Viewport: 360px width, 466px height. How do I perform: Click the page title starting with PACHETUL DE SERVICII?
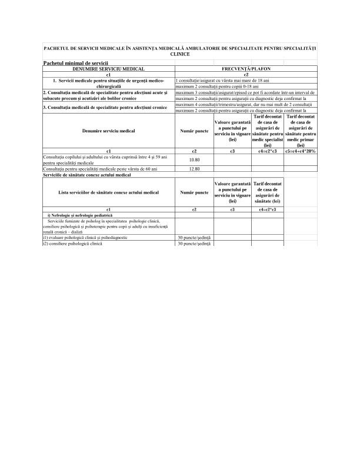[x=179, y=50]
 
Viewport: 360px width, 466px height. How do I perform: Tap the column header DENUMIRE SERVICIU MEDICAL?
[x=108, y=69]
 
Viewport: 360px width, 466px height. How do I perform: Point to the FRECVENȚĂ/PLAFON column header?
[x=246, y=69]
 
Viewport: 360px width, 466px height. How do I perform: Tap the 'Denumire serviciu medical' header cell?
[x=108, y=131]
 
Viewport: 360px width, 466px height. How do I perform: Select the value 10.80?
[x=193, y=159]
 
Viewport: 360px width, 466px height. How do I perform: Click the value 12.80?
[x=193, y=169]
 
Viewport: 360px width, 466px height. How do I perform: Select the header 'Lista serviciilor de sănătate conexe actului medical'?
[x=108, y=192]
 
